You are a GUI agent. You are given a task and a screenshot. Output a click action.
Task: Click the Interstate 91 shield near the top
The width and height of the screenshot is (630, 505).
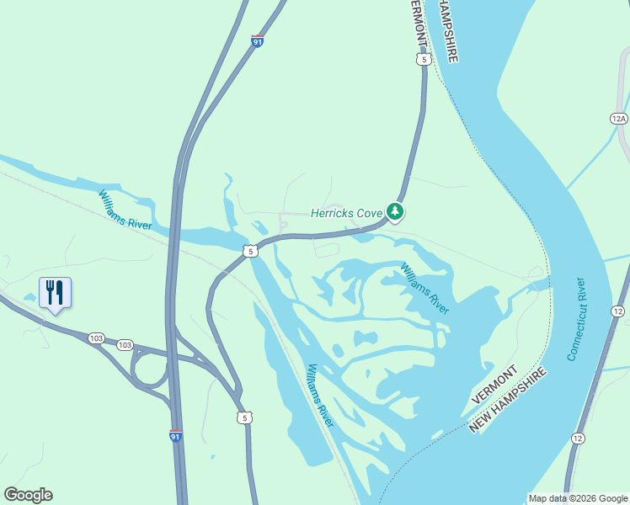click(256, 40)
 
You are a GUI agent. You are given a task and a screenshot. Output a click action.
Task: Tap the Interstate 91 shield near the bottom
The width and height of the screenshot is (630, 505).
click(175, 435)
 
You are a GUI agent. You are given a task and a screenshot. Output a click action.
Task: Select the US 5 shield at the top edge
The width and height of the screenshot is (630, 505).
click(423, 59)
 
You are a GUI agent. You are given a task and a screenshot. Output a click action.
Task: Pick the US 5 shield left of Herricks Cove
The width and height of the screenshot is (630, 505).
click(249, 251)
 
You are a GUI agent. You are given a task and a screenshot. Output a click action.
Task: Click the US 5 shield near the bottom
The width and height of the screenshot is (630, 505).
click(243, 417)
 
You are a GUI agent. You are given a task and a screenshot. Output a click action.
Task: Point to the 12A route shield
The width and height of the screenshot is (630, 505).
click(619, 119)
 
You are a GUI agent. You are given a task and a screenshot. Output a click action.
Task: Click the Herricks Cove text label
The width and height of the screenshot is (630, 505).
click(346, 213)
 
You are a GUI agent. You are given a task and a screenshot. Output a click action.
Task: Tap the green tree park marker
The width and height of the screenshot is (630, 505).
click(394, 211)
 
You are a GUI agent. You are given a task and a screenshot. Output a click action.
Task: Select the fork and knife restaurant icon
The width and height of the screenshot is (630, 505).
click(55, 293)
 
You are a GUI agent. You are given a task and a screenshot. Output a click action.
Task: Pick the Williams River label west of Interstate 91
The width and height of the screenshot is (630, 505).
click(125, 210)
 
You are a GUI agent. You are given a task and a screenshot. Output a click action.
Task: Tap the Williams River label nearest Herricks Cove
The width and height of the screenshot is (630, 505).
click(424, 288)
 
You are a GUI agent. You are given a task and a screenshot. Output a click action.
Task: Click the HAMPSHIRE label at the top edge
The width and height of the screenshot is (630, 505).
click(444, 30)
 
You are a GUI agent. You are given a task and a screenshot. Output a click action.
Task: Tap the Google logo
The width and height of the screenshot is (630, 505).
click(28, 495)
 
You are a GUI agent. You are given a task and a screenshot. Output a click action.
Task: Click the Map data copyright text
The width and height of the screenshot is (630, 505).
click(577, 498)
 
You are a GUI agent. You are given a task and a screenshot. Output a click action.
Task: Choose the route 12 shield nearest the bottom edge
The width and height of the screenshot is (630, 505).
click(577, 439)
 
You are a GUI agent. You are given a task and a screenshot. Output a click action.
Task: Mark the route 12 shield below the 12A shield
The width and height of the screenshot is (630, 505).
click(618, 311)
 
